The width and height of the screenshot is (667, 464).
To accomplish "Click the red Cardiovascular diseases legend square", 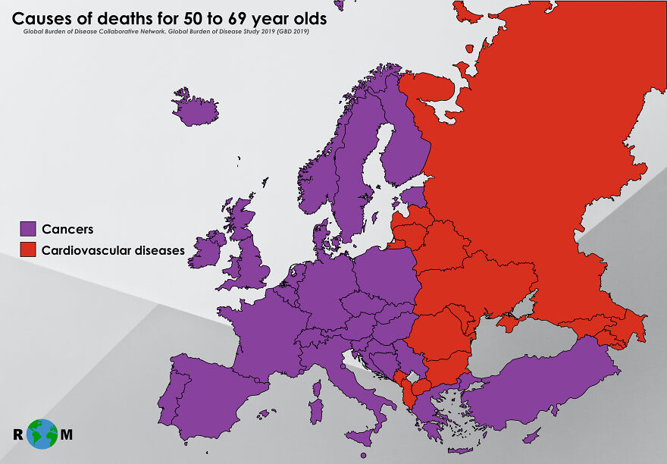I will click(x=28, y=249).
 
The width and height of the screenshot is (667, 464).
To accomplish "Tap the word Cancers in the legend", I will click(x=67, y=229).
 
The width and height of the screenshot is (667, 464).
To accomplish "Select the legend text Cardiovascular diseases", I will click(x=113, y=249).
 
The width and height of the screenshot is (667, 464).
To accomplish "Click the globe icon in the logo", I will click(x=43, y=434).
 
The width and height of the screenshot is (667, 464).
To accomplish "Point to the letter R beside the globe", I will click(x=17, y=435).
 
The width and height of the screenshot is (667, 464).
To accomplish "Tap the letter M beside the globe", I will click(x=67, y=435).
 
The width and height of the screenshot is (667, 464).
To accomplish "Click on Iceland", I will click(x=195, y=110).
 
